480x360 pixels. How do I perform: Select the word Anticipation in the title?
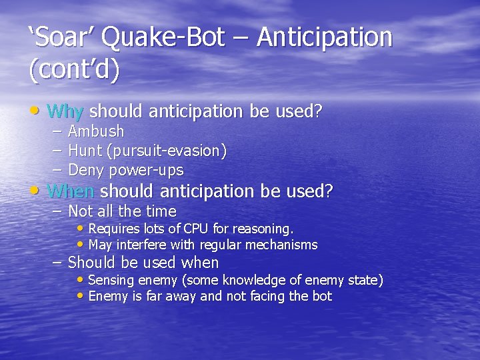(325, 38)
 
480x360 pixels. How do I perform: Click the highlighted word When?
(71, 192)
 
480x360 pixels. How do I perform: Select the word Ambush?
(96, 132)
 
